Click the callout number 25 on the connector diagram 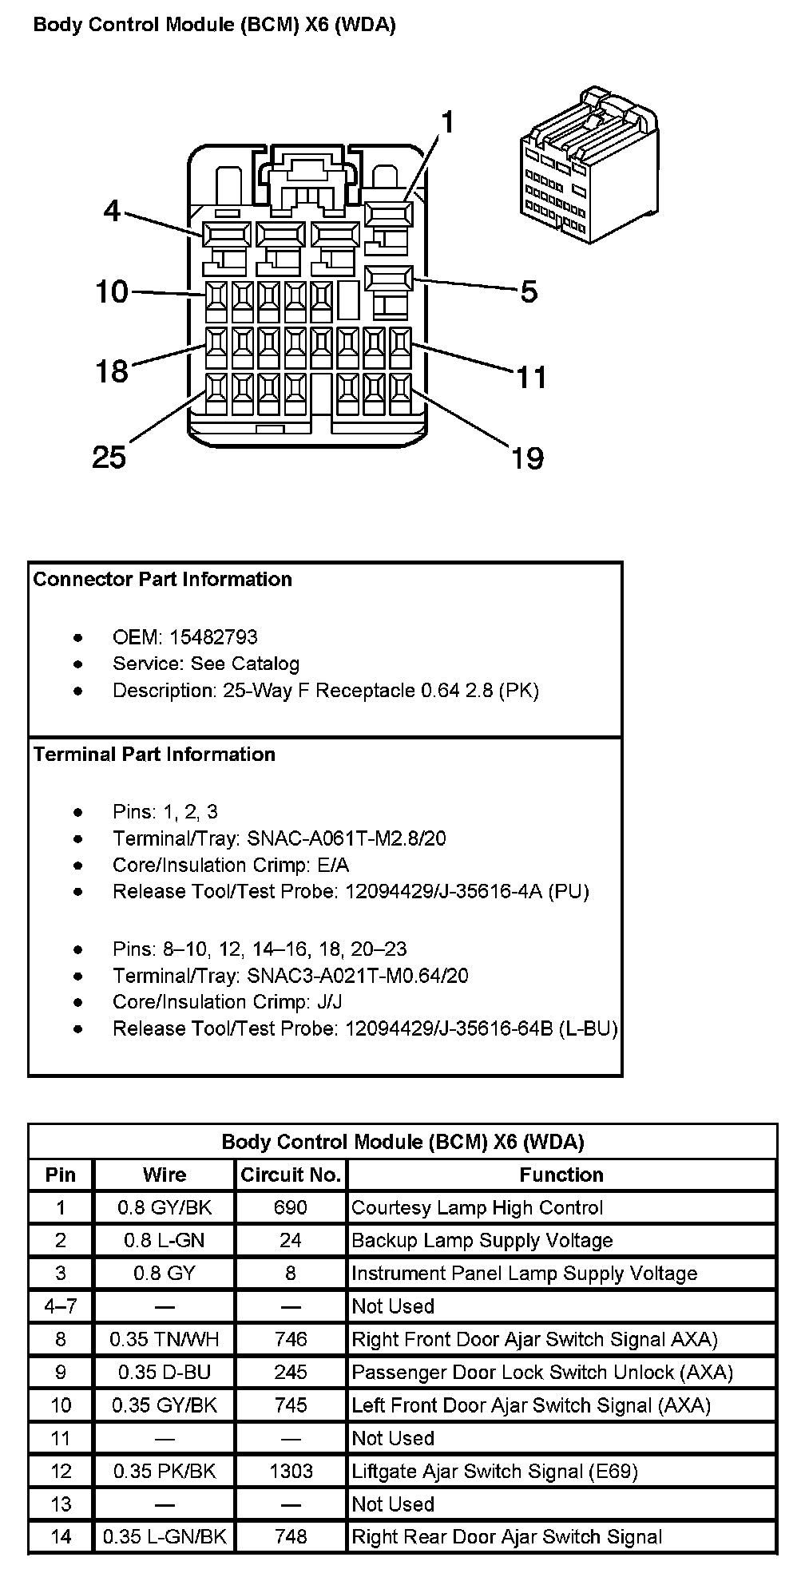[x=109, y=458]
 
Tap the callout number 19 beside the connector [x=528, y=458]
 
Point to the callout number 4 [x=112, y=212]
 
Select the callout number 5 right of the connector [x=529, y=292]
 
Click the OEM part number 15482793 [x=213, y=637]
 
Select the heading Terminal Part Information [x=154, y=755]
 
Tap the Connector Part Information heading [x=163, y=579]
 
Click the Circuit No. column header [x=291, y=1175]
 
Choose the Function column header [x=561, y=1175]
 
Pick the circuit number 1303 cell [x=291, y=1471]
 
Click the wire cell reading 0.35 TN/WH [x=165, y=1339]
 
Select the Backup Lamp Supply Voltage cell [x=482, y=1240]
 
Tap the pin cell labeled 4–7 [x=61, y=1306]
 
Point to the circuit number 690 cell [x=291, y=1207]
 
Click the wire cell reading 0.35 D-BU [x=165, y=1372]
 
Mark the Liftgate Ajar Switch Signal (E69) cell [x=494, y=1471]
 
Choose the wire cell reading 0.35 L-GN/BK [x=165, y=1536]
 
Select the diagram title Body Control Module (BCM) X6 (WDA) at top [x=215, y=26]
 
